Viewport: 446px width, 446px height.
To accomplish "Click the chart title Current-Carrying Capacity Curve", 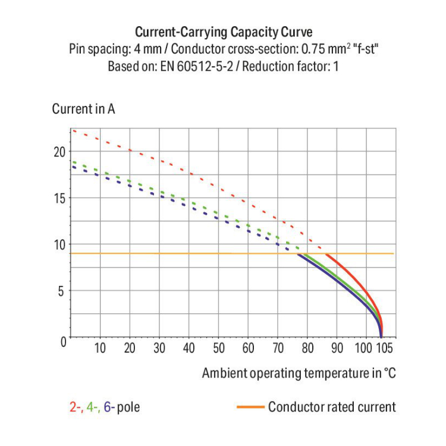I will [x=223, y=32].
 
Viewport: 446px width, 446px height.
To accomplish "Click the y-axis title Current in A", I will [x=83, y=109].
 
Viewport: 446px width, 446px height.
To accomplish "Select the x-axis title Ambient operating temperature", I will [x=298, y=373].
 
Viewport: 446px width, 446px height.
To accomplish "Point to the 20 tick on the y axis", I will [x=58, y=152].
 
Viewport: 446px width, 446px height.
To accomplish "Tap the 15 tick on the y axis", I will [x=58, y=198].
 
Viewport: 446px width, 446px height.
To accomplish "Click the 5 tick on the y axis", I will [x=61, y=291].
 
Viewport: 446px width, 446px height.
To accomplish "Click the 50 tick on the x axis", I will [x=219, y=348].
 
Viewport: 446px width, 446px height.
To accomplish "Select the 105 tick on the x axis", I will [x=384, y=348].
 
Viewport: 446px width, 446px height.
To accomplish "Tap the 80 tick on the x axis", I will [x=307, y=348].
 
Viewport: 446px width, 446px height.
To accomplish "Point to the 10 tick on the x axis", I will [x=100, y=348].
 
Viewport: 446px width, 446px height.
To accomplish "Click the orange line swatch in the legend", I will [x=250, y=407].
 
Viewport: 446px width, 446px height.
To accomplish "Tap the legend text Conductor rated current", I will [x=331, y=407].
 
